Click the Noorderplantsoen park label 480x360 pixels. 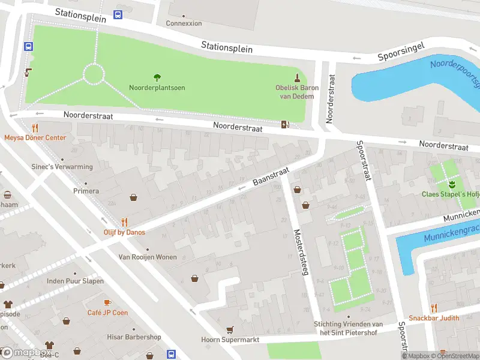pyautogui.click(x=157, y=88)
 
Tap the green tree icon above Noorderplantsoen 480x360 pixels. pyautogui.click(x=157, y=77)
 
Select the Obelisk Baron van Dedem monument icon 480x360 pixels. pyautogui.click(x=297, y=77)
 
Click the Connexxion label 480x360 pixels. pyautogui.click(x=184, y=23)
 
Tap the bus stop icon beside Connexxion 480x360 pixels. pyautogui.click(x=118, y=14)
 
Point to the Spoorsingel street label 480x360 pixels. pyautogui.click(x=401, y=52)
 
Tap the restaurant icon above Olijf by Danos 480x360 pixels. pyautogui.click(x=124, y=221)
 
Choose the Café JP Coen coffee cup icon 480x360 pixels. pyautogui.click(x=107, y=302)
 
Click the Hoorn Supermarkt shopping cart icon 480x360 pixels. pyautogui.click(x=229, y=329)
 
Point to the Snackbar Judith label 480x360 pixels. pyautogui.click(x=434, y=318)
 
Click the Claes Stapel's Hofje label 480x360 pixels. pyautogui.click(x=450, y=194)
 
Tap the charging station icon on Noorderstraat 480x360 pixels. pyautogui.click(x=285, y=124)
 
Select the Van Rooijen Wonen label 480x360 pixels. pyautogui.click(x=147, y=257)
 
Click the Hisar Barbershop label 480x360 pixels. pyautogui.click(x=134, y=337)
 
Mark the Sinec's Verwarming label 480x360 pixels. pyautogui.click(x=62, y=167)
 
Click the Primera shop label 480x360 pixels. pyautogui.click(x=86, y=191)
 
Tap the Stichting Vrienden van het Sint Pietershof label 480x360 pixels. pyautogui.click(x=348, y=328)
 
